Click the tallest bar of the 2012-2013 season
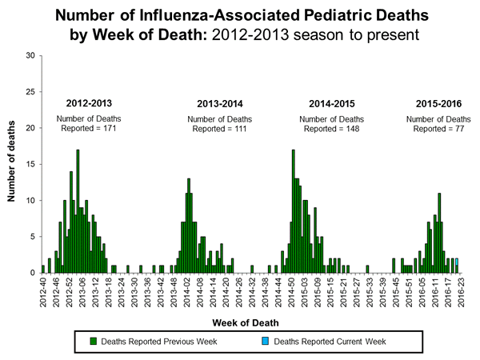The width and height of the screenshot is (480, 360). pyautogui.click(x=78, y=211)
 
